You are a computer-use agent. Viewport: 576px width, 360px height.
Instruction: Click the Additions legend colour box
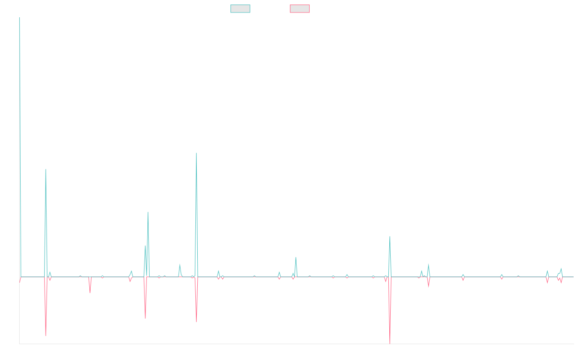240,9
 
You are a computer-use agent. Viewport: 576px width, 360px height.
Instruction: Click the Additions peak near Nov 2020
196,153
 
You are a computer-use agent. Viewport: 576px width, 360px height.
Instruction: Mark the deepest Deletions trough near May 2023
390,343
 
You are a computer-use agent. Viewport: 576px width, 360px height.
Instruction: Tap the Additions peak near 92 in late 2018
46,169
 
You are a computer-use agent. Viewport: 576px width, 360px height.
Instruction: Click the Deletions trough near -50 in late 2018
46,335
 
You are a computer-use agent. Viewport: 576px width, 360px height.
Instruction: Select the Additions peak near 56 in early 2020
148,212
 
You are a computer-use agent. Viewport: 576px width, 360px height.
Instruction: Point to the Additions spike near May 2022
296,258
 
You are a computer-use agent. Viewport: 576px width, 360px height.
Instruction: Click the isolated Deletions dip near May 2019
90,293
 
